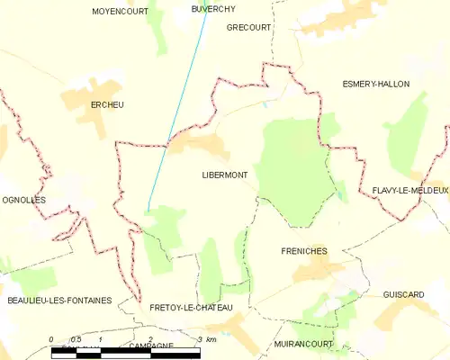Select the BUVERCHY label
click(213, 8)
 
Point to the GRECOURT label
click(248, 28)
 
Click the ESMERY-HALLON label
click(375, 84)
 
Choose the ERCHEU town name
click(106, 105)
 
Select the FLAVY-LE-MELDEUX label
click(409, 191)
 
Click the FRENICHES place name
click(303, 251)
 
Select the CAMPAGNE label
click(150, 346)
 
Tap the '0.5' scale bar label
click(76, 339)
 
